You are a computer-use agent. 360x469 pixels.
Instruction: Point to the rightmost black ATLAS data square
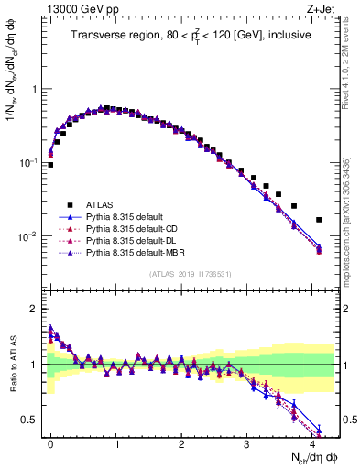tap(319, 220)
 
